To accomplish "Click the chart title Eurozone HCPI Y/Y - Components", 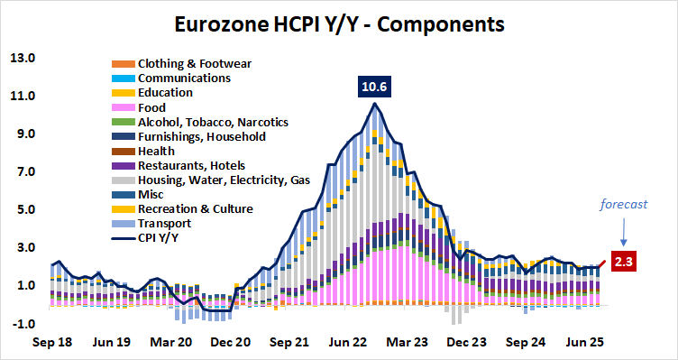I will (339, 21).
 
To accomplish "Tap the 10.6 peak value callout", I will (374, 88).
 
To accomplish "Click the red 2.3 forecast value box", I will (625, 263).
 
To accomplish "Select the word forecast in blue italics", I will (625, 204).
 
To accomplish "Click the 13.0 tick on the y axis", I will (22, 59).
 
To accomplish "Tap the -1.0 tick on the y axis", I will (22, 324).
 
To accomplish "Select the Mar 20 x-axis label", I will (169, 344).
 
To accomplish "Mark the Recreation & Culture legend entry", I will (194, 209).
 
